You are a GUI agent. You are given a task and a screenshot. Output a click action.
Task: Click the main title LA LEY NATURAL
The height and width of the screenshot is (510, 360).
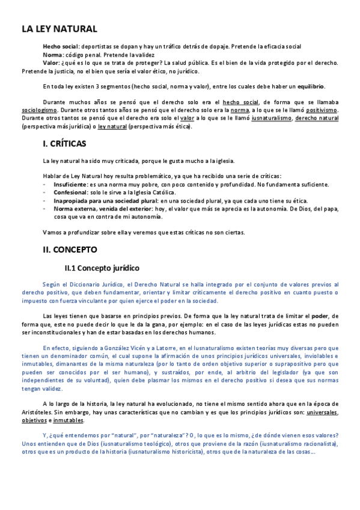(59, 29)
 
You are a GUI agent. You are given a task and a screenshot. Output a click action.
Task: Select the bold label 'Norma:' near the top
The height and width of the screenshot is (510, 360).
(53, 55)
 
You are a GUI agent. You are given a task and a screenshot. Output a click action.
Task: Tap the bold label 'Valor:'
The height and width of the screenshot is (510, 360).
(52, 63)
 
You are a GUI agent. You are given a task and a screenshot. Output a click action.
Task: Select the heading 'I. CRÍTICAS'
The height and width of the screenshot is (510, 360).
(65, 144)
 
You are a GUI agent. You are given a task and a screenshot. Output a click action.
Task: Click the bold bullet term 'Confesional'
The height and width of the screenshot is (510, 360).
(71, 192)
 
